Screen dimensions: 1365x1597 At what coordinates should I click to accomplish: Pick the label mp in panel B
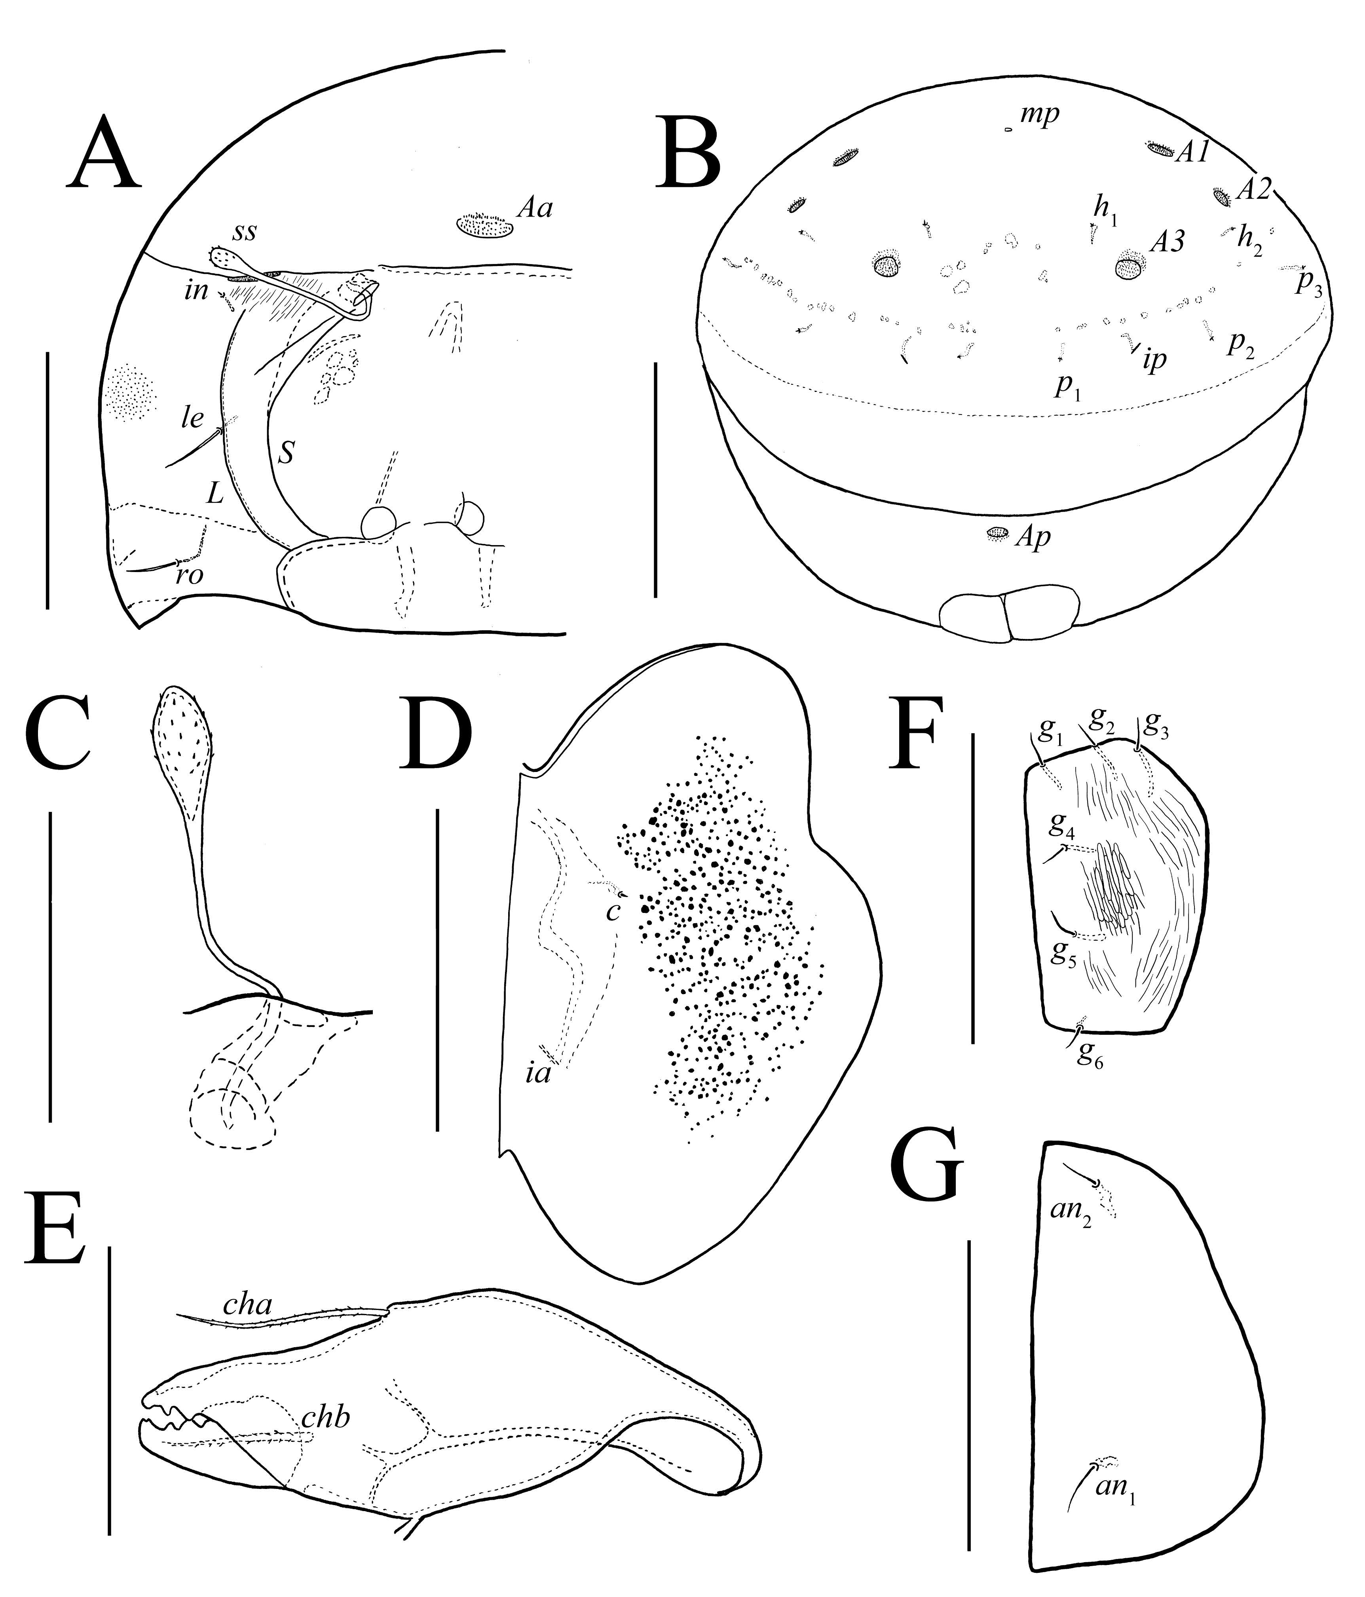click(x=1040, y=116)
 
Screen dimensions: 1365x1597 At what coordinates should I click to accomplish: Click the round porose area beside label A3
click(x=1129, y=267)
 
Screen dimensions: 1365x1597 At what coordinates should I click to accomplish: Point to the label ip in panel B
click(x=1154, y=361)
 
